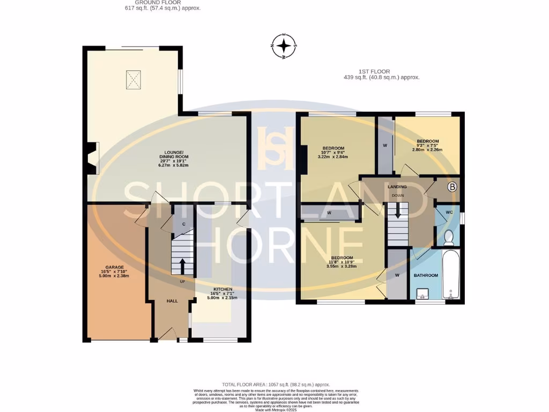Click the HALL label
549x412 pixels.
172,301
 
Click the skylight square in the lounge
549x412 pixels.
133,80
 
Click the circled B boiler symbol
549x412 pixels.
452,187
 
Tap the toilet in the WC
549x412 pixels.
449,236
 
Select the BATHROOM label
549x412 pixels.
426,275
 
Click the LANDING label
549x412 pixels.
397,187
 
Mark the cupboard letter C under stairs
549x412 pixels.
183,224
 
